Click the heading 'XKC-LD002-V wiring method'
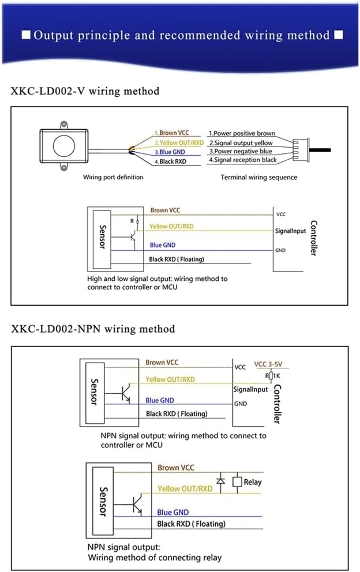85,91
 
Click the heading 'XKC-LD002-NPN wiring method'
92,329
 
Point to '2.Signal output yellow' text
241,142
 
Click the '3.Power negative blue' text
240,151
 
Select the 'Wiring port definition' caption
113,177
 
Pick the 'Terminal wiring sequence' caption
259,177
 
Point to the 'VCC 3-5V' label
271,365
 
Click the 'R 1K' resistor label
271,376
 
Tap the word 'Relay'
253,482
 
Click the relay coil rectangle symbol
236,481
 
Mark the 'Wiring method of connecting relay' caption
155,558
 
